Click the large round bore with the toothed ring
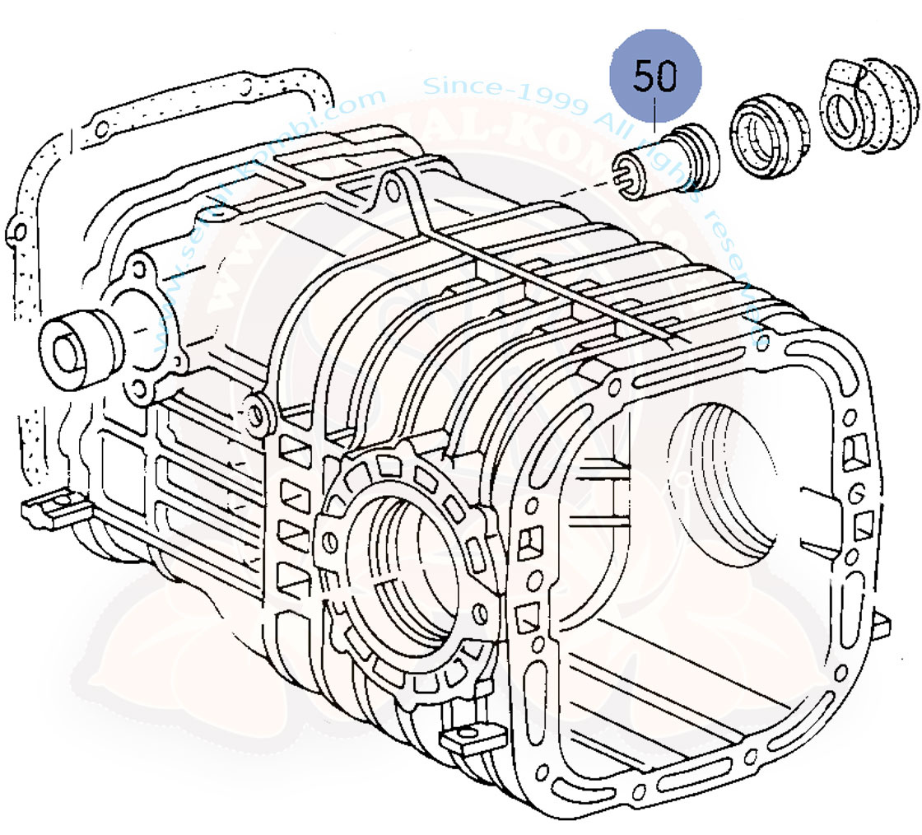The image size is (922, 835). [x=403, y=568]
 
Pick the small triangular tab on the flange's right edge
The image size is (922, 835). [x=882, y=626]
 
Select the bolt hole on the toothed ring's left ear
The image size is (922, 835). [x=330, y=542]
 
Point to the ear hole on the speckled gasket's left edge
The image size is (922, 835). [x=16, y=233]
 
